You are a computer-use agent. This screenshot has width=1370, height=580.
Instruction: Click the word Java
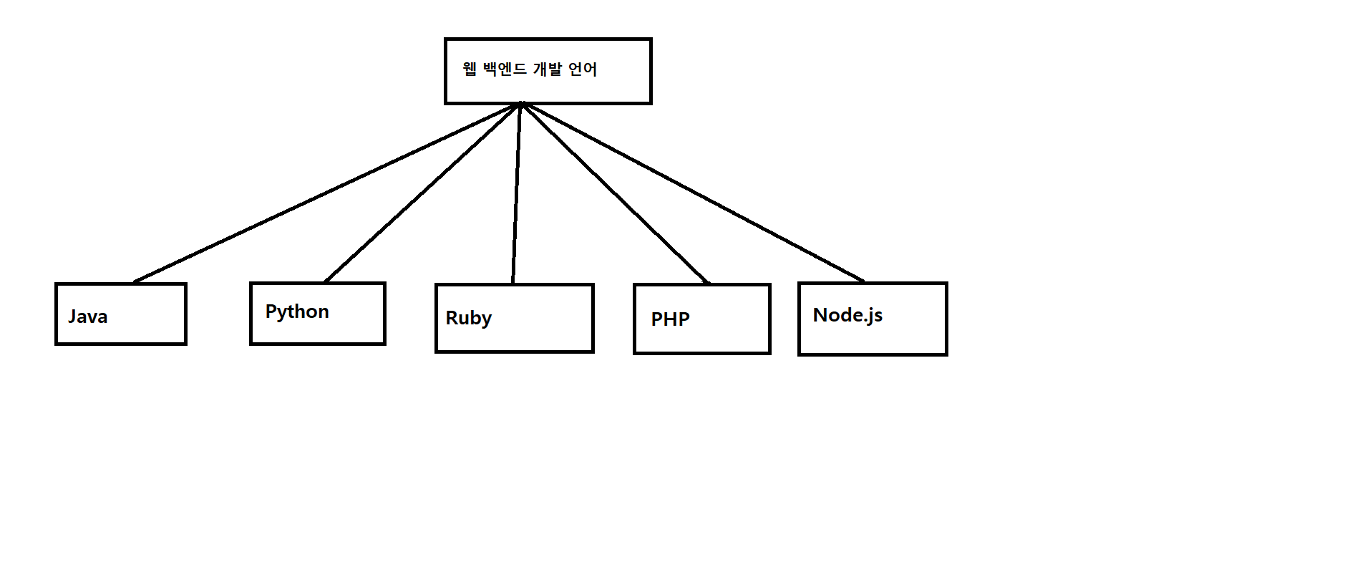88,316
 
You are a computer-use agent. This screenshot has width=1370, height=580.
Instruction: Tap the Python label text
297,312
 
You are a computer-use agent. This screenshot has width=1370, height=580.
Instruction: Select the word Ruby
468,318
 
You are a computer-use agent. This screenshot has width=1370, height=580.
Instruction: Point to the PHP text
670,319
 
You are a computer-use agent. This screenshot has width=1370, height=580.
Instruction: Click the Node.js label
847,315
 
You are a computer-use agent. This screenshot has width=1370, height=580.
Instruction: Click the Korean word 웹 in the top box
470,69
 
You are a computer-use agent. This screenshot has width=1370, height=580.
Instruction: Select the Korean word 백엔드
505,69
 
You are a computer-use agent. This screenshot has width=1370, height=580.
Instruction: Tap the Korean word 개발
548,69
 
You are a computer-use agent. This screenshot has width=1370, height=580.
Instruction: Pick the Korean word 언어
583,69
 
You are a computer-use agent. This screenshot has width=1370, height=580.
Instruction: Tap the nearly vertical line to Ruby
516,193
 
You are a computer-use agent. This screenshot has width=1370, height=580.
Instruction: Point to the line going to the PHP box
616,193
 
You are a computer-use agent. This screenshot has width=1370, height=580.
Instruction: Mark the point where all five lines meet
521,105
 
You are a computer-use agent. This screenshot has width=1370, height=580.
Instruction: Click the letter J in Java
72,316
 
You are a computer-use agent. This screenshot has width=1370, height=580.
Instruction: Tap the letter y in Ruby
487,320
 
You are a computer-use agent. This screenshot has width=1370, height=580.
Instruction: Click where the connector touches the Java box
135,282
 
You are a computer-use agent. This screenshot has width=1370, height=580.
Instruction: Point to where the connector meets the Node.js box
863,281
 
